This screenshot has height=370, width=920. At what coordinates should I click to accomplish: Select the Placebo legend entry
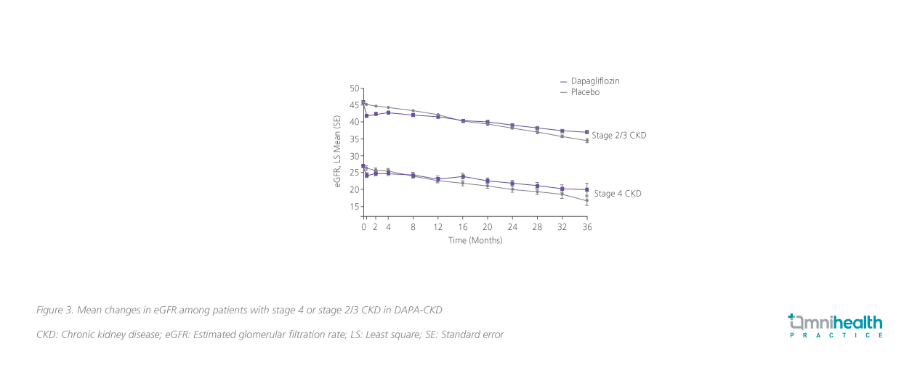[585, 92]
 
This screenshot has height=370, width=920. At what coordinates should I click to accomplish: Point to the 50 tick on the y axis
[355, 89]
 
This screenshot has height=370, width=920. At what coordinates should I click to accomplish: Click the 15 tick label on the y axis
[355, 207]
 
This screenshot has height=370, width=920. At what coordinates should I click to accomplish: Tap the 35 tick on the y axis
[355, 139]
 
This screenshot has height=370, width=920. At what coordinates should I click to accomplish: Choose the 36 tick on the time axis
[587, 227]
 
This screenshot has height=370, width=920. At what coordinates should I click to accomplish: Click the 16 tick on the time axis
[463, 227]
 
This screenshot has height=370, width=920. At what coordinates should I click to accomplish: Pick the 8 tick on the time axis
[413, 227]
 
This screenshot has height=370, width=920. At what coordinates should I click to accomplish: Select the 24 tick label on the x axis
[512, 227]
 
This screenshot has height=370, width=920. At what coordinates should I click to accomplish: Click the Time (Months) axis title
[475, 240]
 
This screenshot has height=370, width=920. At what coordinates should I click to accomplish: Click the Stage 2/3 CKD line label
[618, 135]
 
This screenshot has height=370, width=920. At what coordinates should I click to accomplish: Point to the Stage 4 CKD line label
[618, 194]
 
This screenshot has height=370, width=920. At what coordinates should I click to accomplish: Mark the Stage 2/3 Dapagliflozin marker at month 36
[586, 132]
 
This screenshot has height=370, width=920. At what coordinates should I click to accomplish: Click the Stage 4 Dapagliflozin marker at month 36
[586, 189]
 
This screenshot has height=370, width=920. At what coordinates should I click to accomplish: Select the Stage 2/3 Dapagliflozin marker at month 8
[413, 115]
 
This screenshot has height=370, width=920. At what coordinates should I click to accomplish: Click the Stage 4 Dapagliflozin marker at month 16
[463, 176]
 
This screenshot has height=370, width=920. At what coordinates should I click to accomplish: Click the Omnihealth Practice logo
[836, 326]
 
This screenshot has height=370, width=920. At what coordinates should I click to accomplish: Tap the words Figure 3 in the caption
[55, 310]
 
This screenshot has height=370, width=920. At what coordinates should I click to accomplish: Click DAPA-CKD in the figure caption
[418, 310]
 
